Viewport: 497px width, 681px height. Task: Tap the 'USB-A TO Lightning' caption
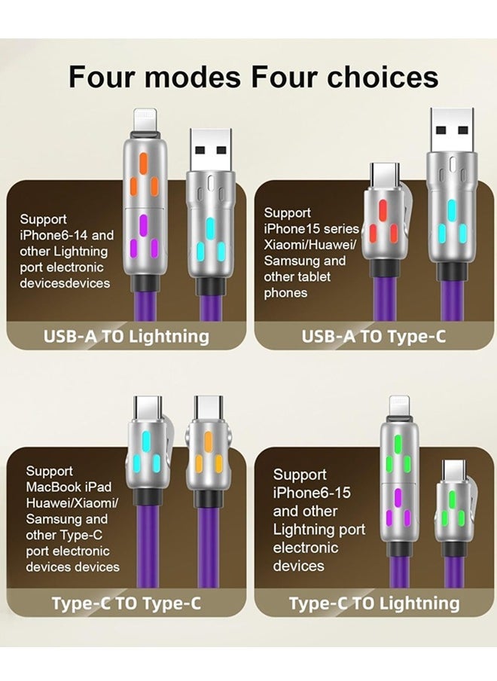point(127,336)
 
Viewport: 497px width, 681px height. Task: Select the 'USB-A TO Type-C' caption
point(374,336)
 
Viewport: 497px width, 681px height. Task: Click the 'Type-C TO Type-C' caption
point(127,603)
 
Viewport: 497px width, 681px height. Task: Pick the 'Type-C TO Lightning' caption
point(374,603)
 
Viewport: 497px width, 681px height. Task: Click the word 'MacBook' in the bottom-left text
point(56,487)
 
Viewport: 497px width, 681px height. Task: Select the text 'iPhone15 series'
point(310,228)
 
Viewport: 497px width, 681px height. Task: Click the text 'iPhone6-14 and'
point(67,235)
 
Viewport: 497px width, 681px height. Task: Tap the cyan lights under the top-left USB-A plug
point(210,237)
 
